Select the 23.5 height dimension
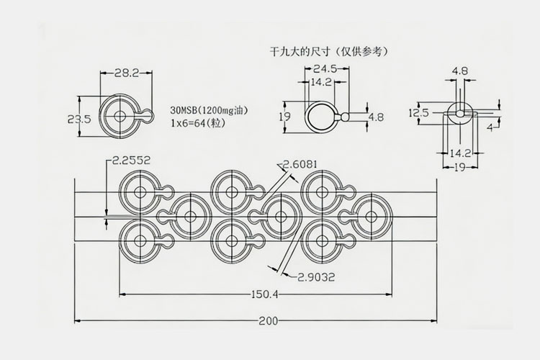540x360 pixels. pyautogui.click(x=78, y=120)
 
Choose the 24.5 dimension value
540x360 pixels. pyautogui.click(x=326, y=69)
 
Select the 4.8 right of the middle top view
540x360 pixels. pyautogui.click(x=375, y=117)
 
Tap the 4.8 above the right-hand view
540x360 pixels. pyautogui.click(x=460, y=71)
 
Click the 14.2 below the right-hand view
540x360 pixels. pyautogui.click(x=460, y=153)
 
